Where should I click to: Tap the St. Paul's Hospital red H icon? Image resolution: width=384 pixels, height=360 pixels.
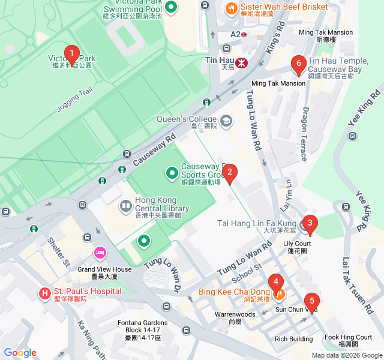click(x=44, y=293)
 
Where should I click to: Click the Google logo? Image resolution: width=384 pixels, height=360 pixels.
click(x=20, y=353)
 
